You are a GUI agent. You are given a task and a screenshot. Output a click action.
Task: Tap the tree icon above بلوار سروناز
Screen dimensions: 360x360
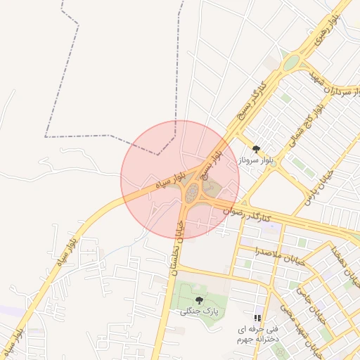(x=256, y=149)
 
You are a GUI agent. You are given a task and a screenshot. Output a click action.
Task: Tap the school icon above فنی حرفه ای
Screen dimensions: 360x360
(x=257, y=319)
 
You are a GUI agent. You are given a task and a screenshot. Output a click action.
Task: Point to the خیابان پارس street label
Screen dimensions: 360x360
(x=319, y=187)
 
